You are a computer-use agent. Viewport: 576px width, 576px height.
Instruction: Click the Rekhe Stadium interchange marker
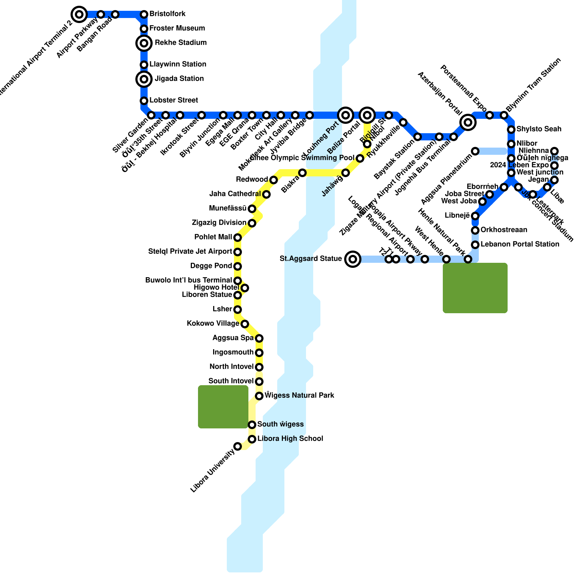[144, 43]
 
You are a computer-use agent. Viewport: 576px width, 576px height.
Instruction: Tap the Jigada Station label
[179, 79]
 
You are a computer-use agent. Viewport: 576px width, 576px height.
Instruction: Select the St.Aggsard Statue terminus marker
[353, 259]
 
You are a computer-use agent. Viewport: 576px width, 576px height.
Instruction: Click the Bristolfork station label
[167, 14]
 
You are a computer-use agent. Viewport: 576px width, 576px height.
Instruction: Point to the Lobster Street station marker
[144, 101]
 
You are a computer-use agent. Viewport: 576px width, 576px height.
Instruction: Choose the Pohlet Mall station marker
[238, 238]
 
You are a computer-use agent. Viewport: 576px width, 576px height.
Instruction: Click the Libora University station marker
[238, 446]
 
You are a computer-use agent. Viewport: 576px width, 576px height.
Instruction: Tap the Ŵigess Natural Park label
[299, 396]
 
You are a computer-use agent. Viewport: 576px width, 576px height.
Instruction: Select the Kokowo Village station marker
[245, 324]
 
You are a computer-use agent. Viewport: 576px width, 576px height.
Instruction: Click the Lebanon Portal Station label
[520, 244]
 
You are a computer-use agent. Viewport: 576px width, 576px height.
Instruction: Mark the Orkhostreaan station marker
[475, 230]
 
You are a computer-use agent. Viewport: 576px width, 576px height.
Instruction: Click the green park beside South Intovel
[223, 407]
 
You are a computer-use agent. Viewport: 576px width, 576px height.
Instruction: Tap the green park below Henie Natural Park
[475, 288]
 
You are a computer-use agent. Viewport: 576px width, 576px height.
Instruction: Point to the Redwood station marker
[274, 180]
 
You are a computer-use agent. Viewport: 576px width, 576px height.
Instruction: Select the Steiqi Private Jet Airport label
[190, 252]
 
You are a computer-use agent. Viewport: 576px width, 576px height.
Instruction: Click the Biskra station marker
[302, 173]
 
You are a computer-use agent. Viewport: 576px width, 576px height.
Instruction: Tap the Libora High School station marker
[252, 439]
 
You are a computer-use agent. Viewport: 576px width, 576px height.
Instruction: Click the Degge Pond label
[211, 266]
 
